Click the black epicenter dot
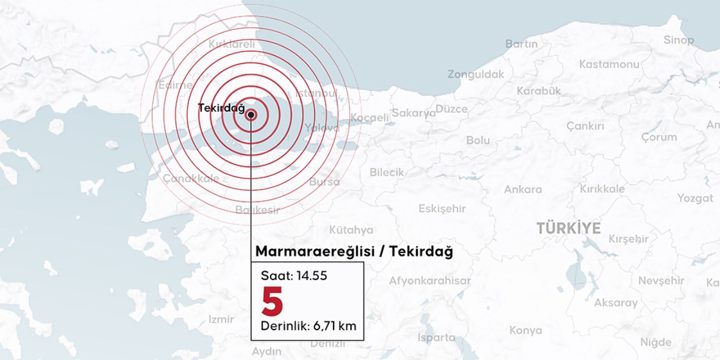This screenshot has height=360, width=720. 251,115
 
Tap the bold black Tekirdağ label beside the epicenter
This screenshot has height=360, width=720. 222,108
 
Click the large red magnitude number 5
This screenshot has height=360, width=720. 272,301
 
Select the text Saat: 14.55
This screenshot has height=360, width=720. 294,276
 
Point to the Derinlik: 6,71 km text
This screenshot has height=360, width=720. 308,326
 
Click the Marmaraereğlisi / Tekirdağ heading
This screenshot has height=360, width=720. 354,251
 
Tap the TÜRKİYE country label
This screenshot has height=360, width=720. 568,228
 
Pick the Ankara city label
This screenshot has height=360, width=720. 523,190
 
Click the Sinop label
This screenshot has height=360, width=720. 678,40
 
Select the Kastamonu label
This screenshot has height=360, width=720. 609,65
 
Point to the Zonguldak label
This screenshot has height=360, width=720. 476,74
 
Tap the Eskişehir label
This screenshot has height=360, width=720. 442,209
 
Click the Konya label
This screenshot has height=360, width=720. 526,330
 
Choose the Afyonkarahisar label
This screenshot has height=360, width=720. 430,281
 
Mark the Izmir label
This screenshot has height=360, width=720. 221,319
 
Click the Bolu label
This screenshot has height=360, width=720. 478,141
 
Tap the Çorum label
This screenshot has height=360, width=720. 659,137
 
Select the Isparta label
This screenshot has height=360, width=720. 436,337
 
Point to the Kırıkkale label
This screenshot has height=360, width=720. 602,189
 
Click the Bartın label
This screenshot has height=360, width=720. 521,44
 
